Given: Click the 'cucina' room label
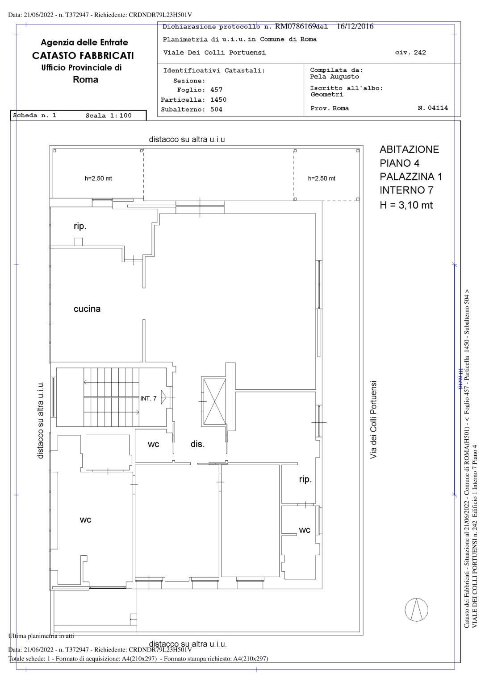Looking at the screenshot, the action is pyautogui.click(x=87, y=309).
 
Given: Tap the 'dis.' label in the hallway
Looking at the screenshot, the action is pyautogui.click(x=197, y=444).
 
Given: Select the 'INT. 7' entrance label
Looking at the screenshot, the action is pyautogui.click(x=149, y=398).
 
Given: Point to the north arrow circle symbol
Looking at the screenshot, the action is pyautogui.click(x=416, y=615).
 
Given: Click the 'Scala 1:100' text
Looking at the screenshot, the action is pyautogui.click(x=109, y=116).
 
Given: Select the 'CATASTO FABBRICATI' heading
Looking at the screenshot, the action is pyautogui.click(x=83, y=56).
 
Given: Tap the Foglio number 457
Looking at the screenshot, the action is pyautogui.click(x=216, y=90).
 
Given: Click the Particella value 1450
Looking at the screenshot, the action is pyautogui.click(x=218, y=100).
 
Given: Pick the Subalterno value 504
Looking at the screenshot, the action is pyautogui.click(x=216, y=109).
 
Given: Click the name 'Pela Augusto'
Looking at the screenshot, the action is pyautogui.click(x=334, y=77).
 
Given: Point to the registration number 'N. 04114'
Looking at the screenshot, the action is pyautogui.click(x=433, y=108).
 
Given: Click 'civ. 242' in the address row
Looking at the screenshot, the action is pyautogui.click(x=410, y=53).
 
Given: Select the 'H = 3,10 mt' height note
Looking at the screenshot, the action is pyautogui.click(x=406, y=205).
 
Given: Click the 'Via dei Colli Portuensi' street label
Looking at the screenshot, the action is pyautogui.click(x=373, y=420).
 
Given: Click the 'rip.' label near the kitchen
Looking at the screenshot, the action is pyautogui.click(x=80, y=226).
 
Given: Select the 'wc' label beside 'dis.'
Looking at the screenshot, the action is pyautogui.click(x=153, y=444).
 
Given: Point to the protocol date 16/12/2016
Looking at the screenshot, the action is pyautogui.click(x=355, y=26).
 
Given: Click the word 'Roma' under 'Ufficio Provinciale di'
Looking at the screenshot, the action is pyautogui.click(x=85, y=80).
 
